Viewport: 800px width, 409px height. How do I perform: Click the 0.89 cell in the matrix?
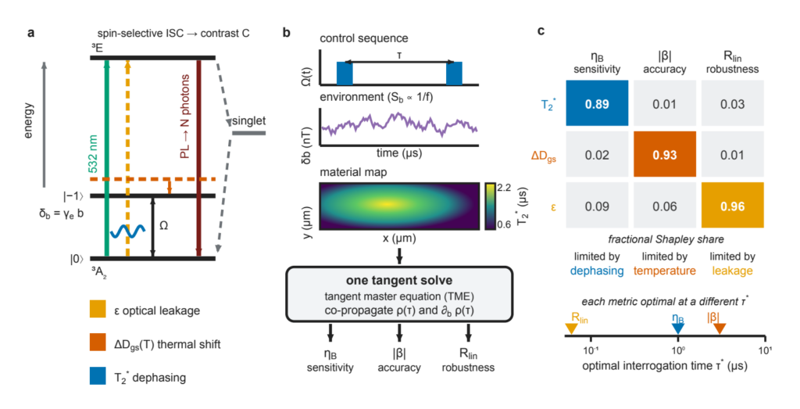pos(597,103)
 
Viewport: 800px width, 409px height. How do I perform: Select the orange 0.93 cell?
pos(665,154)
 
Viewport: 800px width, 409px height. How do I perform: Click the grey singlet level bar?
pos(249,133)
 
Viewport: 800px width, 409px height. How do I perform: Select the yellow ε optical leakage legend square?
pos(98,310)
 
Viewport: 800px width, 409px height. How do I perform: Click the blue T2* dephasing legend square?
pos(98,376)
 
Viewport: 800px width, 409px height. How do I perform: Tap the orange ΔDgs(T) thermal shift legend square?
pos(98,343)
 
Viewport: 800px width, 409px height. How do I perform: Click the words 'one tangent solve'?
pos(399,280)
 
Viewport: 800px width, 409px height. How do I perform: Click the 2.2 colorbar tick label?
pos(504,188)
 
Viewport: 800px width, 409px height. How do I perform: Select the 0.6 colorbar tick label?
pos(504,224)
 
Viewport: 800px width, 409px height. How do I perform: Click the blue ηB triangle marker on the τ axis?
pos(677,329)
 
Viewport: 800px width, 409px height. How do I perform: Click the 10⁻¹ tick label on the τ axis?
pos(591,350)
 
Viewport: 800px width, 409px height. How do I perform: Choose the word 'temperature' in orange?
pos(664,271)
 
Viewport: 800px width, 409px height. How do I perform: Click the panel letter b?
pos(286,33)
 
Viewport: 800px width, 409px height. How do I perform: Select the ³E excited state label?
pos(97,48)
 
